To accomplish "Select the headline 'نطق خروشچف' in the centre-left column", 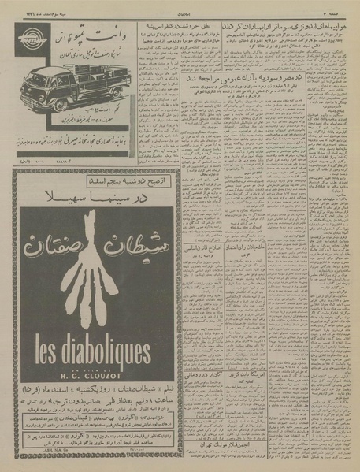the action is pyautogui.click(x=159, y=25).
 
